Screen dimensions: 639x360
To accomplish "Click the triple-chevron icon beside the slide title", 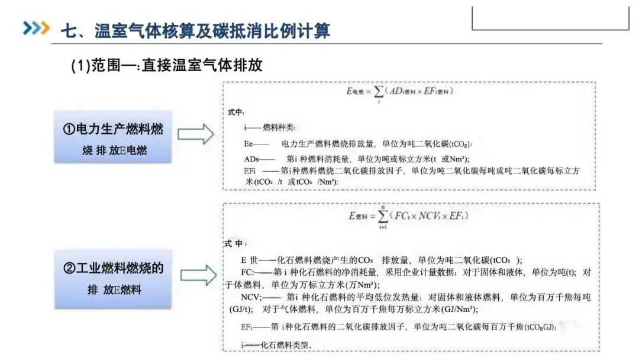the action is (x=35, y=28).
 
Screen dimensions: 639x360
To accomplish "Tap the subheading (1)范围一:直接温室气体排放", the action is (x=166, y=66).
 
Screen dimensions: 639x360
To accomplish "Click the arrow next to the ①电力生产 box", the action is (x=196, y=134).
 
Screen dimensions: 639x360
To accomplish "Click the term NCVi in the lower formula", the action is (x=429, y=217).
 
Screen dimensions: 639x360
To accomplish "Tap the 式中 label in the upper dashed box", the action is (x=235, y=111).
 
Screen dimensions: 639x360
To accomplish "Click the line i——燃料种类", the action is (x=269, y=127).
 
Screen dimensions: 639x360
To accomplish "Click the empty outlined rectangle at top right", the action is (x=550, y=18).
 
